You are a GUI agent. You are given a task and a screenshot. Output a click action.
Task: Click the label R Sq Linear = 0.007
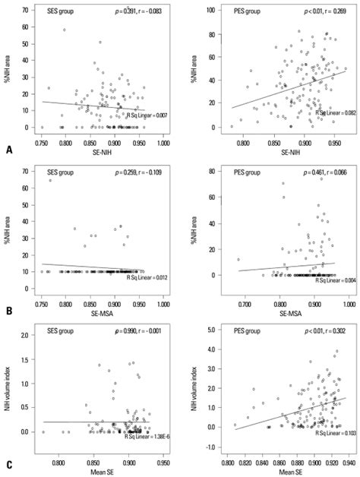pyautogui.click(x=139, y=115)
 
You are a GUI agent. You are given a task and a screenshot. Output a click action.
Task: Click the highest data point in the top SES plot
pyautogui.click(x=65, y=30)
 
